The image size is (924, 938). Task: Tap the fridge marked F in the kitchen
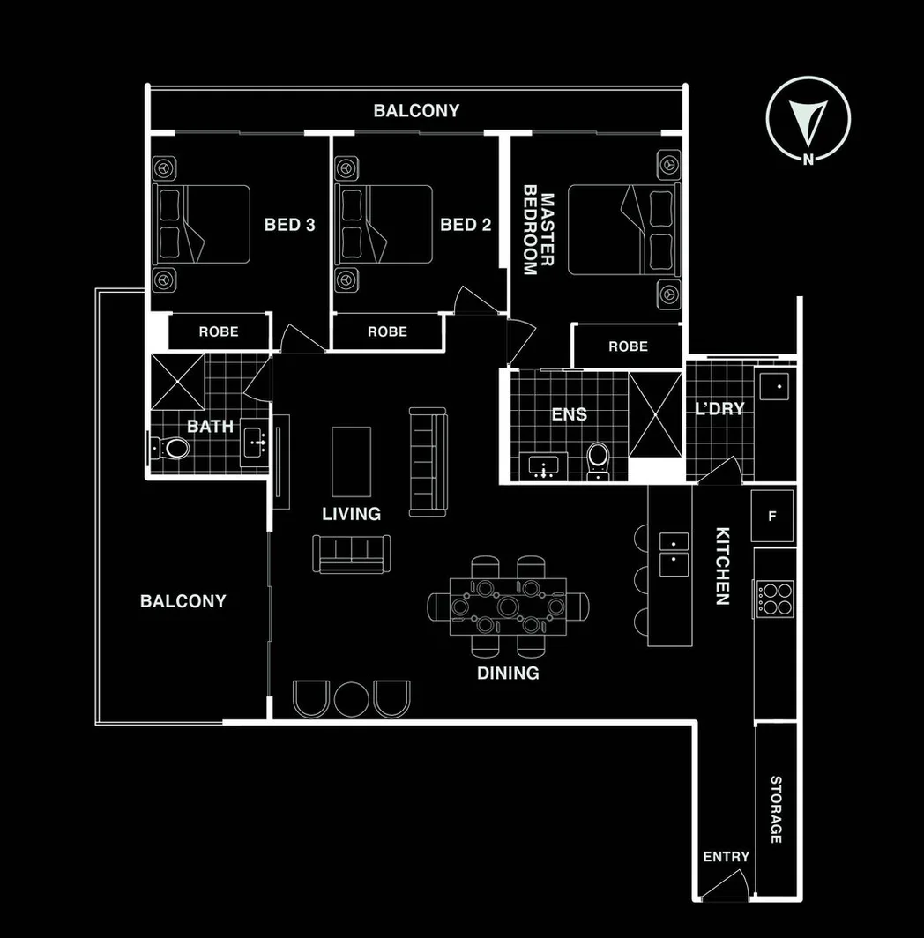click(x=772, y=516)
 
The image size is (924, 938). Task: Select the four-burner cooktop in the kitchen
click(x=774, y=598)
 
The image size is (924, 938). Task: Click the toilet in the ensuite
click(x=598, y=459)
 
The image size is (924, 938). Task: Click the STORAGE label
click(x=776, y=809)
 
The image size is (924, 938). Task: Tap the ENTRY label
click(x=726, y=856)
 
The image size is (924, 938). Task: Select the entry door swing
click(x=729, y=884)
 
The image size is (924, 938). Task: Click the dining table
click(x=508, y=607)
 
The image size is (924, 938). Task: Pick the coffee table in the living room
click(x=351, y=461)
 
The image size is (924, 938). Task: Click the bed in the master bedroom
click(x=624, y=229)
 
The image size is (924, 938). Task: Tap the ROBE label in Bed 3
click(x=218, y=331)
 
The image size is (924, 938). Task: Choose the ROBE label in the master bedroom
click(x=628, y=346)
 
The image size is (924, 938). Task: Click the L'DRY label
click(x=719, y=408)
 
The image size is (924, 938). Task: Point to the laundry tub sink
click(x=776, y=386)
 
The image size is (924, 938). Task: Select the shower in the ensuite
click(x=655, y=414)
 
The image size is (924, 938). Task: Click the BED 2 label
click(x=466, y=225)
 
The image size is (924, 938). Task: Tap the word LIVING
click(x=351, y=513)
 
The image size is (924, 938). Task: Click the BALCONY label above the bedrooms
click(x=416, y=111)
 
